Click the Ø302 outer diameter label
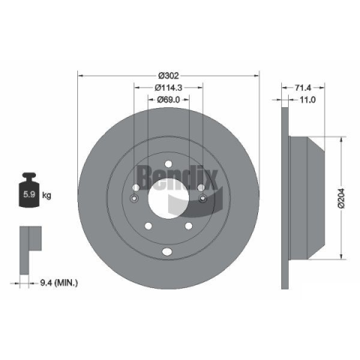pos(169,75)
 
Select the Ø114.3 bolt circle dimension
pos(169,88)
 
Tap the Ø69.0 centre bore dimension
pos(169,100)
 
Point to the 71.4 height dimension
pos(303,88)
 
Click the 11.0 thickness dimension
pos(307,100)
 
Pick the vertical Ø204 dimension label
pos(341,198)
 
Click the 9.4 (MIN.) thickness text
pos(59,283)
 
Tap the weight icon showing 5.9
pos(29,190)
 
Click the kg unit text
pos(46,195)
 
